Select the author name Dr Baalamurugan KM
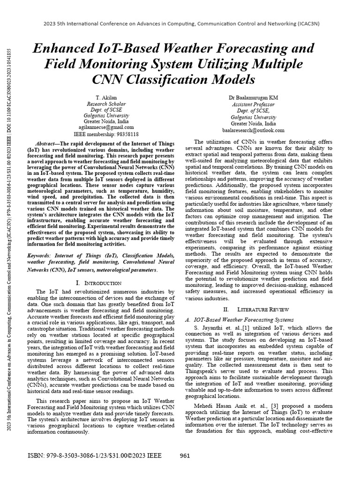254,97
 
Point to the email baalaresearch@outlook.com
254,130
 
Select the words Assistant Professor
254,105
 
